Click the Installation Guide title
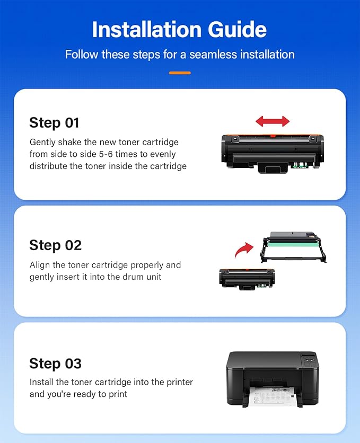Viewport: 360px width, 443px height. (180, 30)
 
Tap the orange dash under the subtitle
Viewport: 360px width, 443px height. (180, 73)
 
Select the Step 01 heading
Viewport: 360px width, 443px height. (54, 123)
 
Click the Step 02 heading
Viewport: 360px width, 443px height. (56, 245)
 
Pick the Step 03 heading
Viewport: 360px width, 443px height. (56, 364)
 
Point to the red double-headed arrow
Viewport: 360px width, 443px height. (273, 121)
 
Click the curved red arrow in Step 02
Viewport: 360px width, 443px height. (245, 249)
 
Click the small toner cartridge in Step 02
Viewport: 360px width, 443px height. (243, 278)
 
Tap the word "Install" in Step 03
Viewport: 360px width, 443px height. (41, 382)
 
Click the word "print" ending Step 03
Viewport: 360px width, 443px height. (117, 394)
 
